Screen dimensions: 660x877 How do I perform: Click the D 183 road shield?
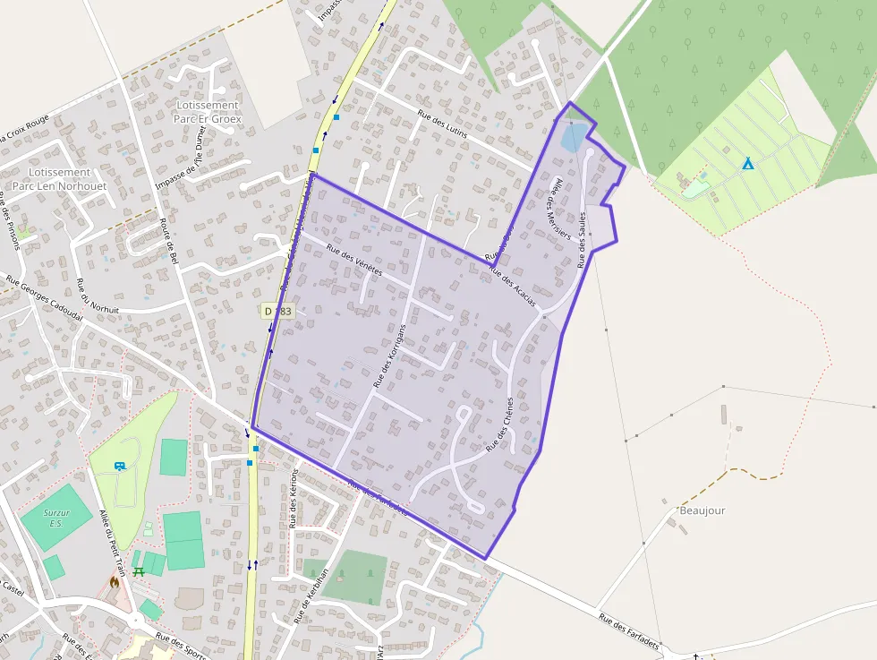pos(278,311)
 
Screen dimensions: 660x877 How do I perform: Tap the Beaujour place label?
pos(702,510)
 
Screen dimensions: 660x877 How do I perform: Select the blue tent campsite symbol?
pos(746,164)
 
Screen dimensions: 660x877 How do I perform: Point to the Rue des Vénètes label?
pos(354,259)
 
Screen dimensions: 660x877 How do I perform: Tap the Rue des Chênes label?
pos(500,424)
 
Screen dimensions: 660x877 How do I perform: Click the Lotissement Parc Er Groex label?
pos(208,111)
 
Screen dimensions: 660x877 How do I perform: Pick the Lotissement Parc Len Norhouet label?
pos(59,178)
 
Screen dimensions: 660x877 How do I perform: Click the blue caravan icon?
pos(120,466)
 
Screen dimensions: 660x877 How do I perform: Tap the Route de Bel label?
pos(169,241)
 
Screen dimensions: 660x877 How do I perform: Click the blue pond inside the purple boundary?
pos(573,138)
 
